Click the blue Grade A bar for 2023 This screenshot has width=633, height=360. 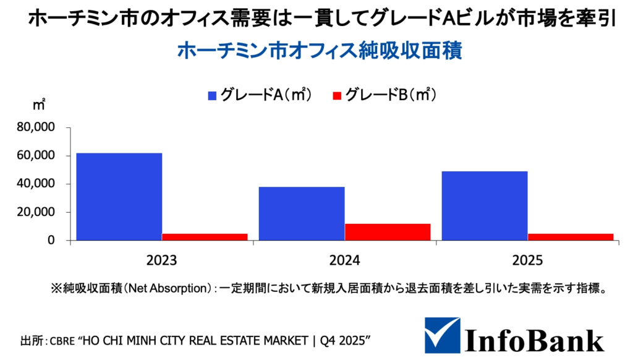coord(119,197)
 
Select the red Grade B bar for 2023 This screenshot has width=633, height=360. coord(205,237)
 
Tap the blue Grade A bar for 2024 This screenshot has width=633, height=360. coord(302,213)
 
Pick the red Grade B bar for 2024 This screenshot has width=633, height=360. coord(388,232)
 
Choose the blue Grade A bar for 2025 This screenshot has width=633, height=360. coord(485,206)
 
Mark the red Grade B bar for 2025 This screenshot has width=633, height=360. coord(571,237)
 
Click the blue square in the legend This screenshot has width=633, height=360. coord(213,95)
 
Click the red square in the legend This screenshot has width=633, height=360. coord(337,95)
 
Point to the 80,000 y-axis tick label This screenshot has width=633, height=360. coord(36,127)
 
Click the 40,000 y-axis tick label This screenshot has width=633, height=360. coord(36,184)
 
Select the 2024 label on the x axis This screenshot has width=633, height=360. coord(345,260)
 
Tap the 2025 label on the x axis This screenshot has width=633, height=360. coord(527,260)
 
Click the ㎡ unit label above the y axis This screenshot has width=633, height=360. coord(39,104)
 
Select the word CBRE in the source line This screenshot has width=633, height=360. coord(63,341)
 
